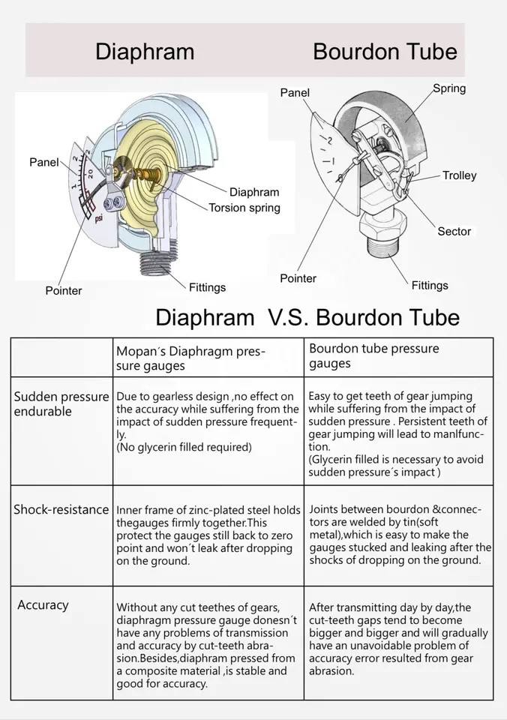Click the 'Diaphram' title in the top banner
(145, 51)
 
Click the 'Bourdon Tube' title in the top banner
(385, 51)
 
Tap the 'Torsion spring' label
(244, 208)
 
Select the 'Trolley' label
(459, 175)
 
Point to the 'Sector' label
(454, 232)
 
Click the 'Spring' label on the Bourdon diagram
(449, 88)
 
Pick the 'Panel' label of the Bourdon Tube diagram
(295, 92)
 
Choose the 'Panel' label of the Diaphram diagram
(43, 162)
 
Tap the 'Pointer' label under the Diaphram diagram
(64, 290)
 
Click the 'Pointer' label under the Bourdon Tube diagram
(298, 278)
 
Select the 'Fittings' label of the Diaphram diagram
(207, 287)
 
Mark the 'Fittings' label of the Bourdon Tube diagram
(430, 285)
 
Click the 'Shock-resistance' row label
(61, 510)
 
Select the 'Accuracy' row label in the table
(43, 604)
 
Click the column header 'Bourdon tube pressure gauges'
(373, 355)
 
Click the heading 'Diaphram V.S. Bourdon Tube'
(307, 316)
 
